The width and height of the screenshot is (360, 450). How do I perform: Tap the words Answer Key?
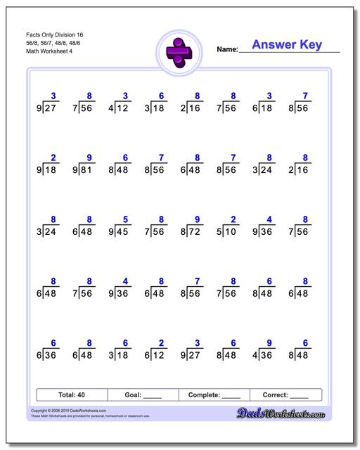tap(286, 45)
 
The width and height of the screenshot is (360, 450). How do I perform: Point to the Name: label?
tap(227, 49)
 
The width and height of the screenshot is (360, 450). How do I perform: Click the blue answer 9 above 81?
tap(89, 158)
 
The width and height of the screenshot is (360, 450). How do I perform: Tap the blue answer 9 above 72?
tap(198, 219)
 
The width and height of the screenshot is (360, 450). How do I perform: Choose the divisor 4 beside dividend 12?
tap(110, 109)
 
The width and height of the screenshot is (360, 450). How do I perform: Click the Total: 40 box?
tap(71, 394)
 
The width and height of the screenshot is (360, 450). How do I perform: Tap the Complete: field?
tap(214, 394)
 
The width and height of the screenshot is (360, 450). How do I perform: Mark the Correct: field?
tap(285, 394)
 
